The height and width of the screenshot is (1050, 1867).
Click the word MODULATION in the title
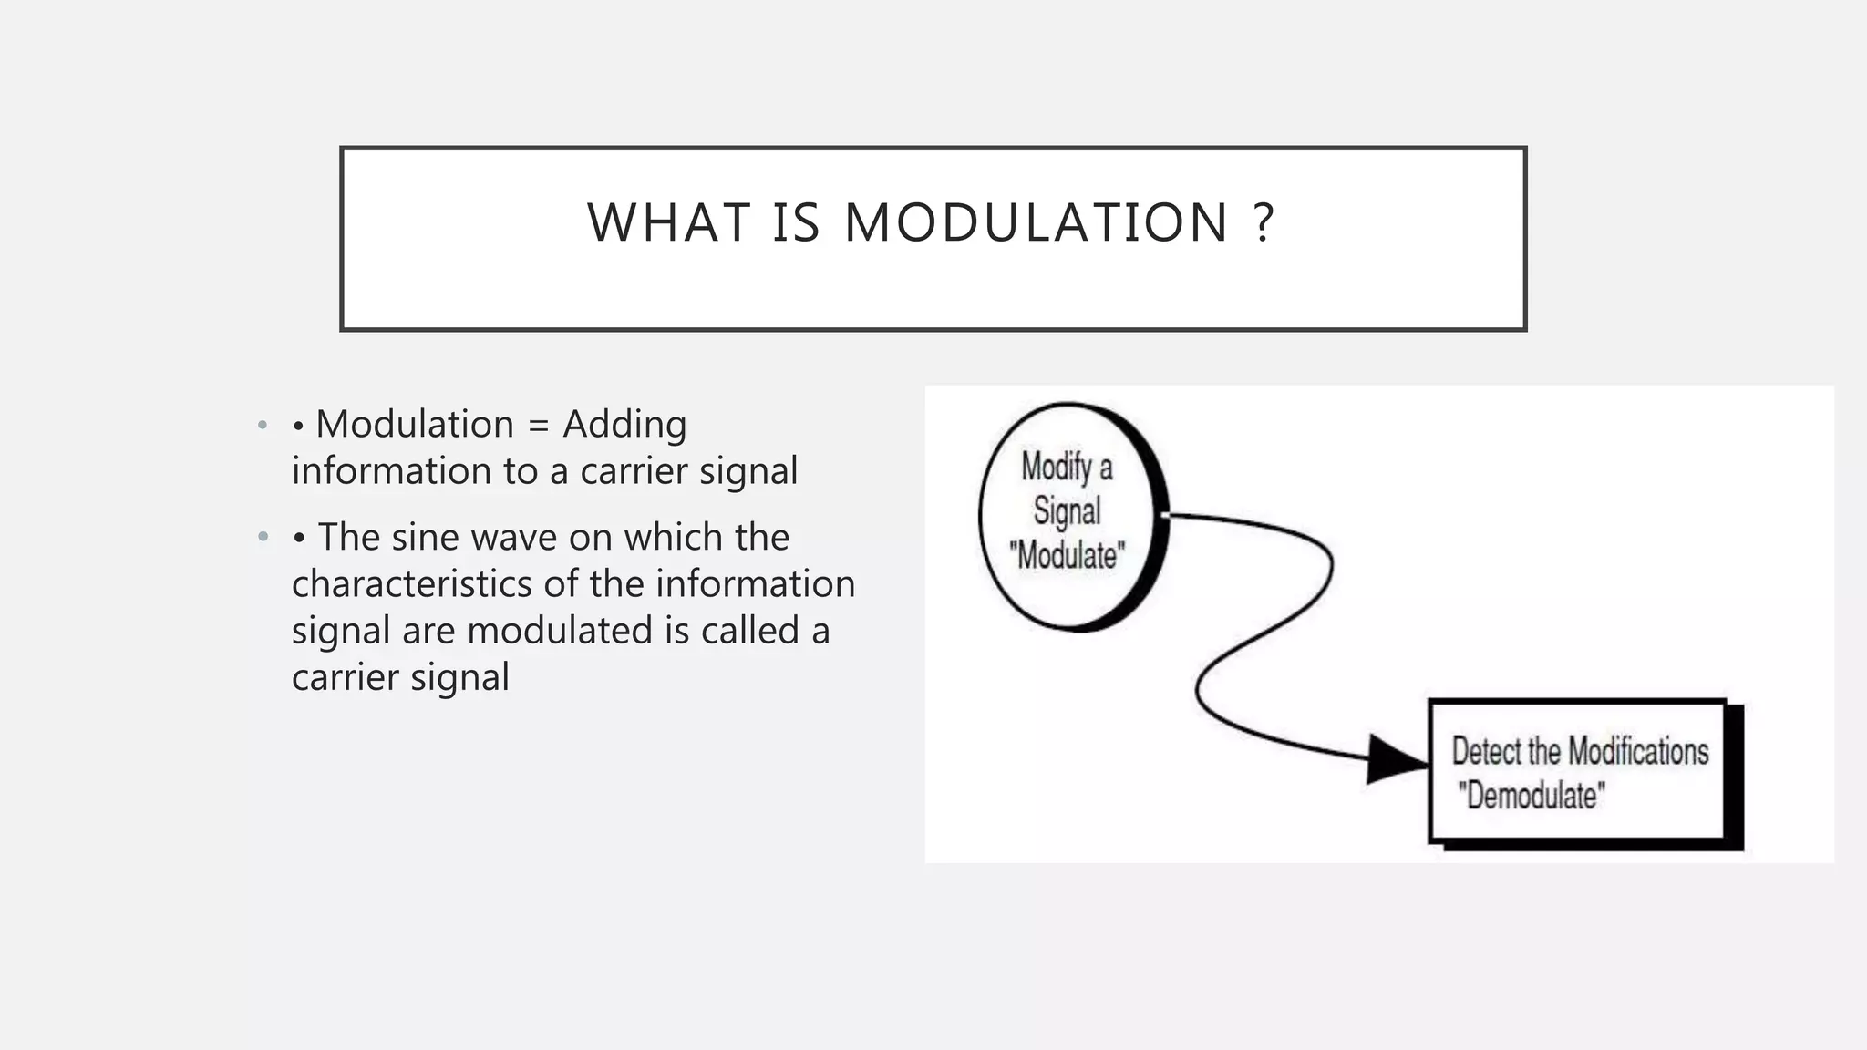1037,223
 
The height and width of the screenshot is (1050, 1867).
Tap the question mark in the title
1264,223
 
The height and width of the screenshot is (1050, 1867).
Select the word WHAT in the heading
668,223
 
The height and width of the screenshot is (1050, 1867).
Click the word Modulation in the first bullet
415,425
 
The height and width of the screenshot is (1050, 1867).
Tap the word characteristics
411,584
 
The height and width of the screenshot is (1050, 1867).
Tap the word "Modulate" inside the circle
1067,555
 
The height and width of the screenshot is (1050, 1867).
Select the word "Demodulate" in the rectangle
1531,796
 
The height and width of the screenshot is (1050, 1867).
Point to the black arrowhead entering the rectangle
1395,759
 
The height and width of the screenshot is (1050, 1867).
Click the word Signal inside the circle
1067,511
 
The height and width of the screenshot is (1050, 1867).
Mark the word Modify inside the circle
1056,468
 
